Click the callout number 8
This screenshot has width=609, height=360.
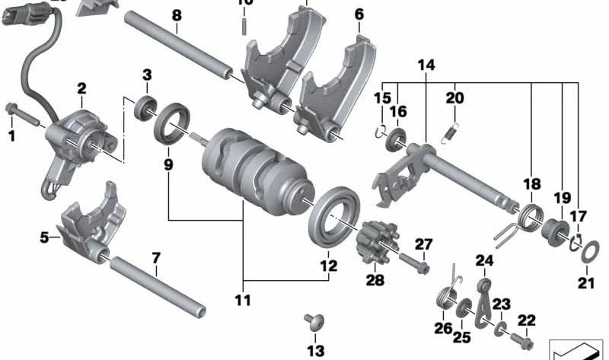(x=177, y=14)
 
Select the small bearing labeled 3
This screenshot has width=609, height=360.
(x=144, y=107)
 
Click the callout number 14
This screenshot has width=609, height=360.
(x=426, y=66)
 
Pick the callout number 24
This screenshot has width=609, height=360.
(x=485, y=261)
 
